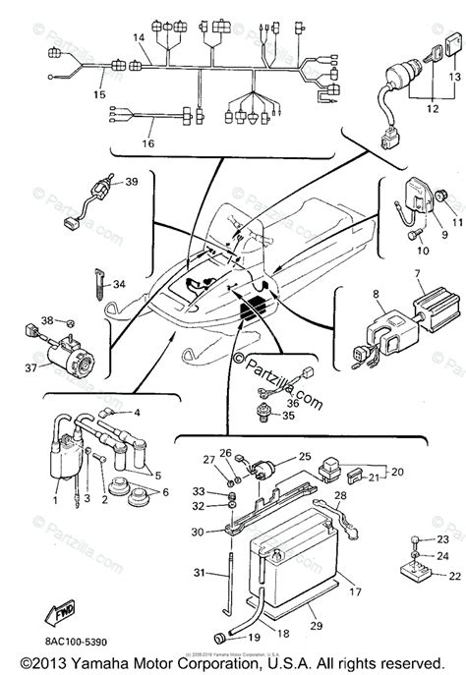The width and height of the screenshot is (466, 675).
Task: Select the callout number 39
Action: coord(132,182)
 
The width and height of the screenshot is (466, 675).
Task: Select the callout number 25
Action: coord(304,456)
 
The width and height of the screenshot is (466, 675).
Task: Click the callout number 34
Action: coord(120,284)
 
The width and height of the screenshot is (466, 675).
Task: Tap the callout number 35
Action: coord(288,416)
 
